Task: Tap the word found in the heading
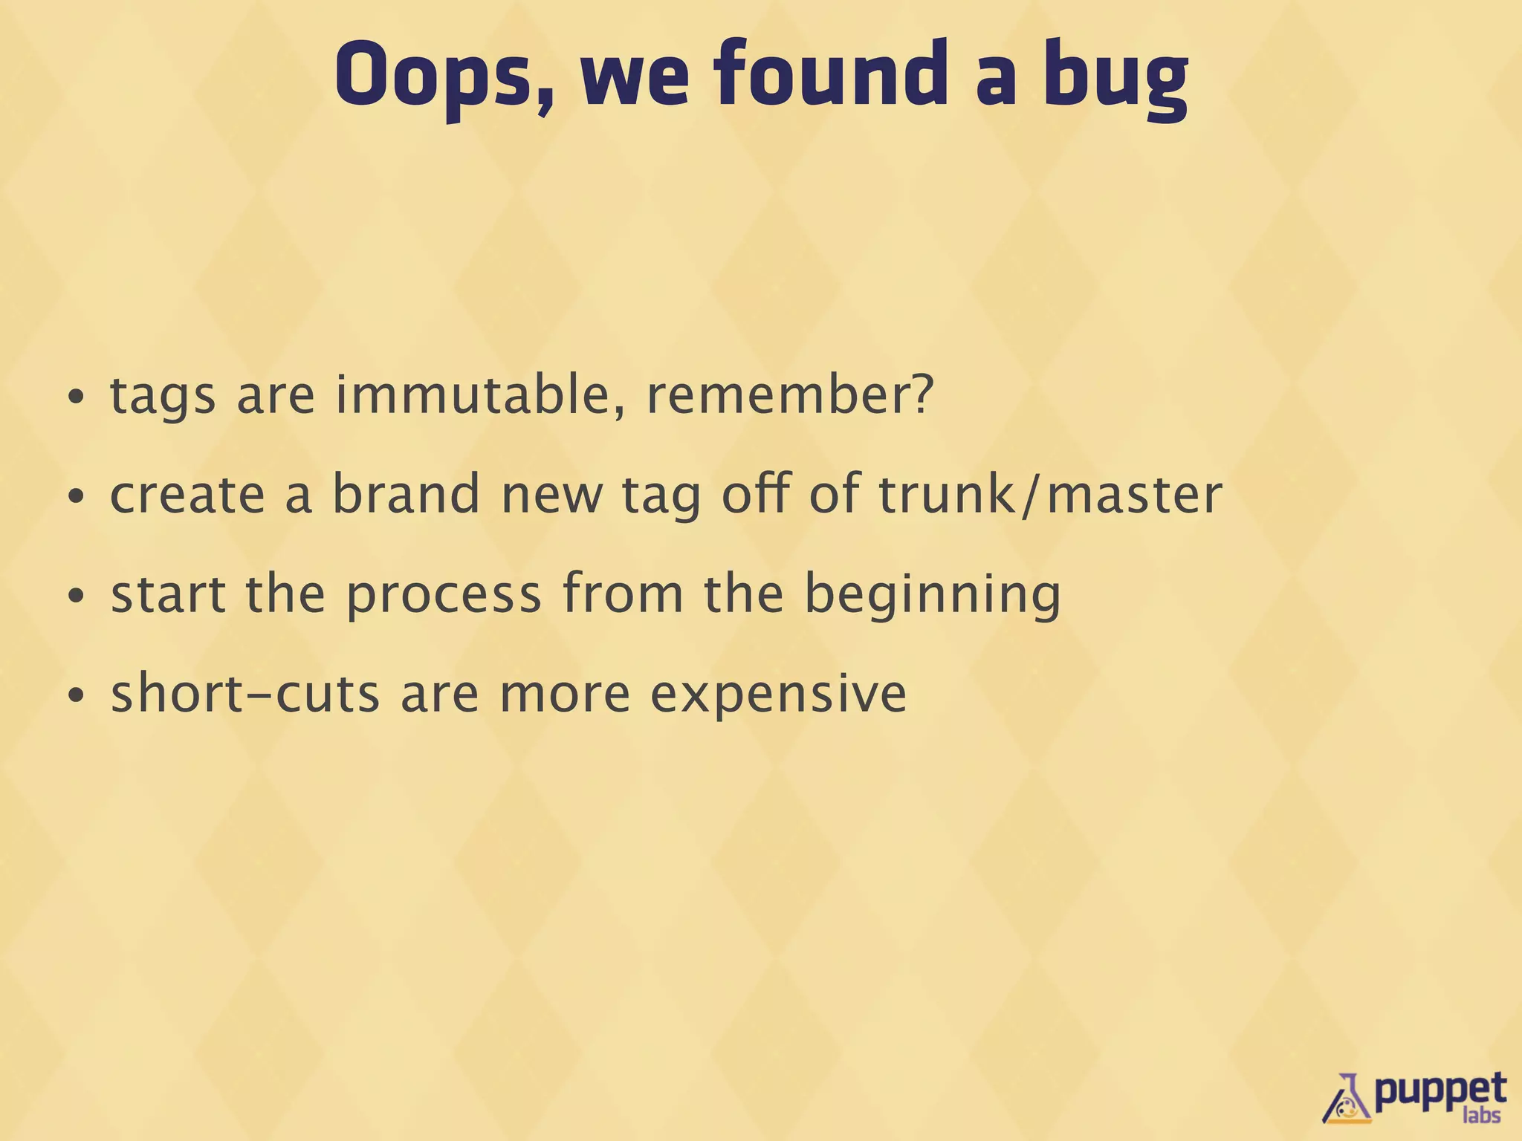point(832,74)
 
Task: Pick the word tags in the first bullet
point(163,396)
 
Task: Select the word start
point(168,594)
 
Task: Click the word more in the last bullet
point(565,694)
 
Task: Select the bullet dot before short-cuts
point(76,696)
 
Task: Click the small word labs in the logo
point(1480,1115)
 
